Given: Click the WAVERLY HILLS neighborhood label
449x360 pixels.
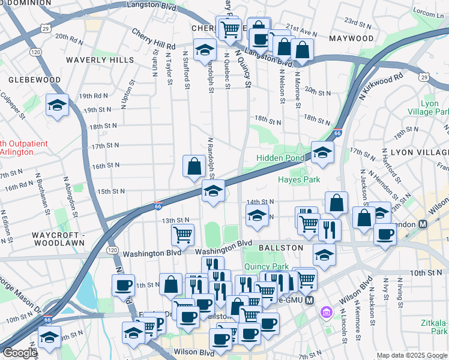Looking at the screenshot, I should (100, 60).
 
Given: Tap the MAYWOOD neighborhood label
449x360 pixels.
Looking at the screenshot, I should (351, 38).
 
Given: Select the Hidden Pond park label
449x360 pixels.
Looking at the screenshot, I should (280, 158).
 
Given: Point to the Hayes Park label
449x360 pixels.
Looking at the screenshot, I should (298, 179).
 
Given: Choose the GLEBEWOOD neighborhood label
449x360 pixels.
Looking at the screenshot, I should (34, 80).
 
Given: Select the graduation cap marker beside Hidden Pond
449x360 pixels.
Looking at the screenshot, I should (322, 154).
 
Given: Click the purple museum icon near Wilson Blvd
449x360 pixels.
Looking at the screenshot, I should (327, 312).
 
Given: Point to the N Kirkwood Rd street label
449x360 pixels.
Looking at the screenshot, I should (381, 87).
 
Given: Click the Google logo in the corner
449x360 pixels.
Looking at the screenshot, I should (19, 353).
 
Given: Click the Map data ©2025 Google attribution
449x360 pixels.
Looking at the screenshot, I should (411, 355).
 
